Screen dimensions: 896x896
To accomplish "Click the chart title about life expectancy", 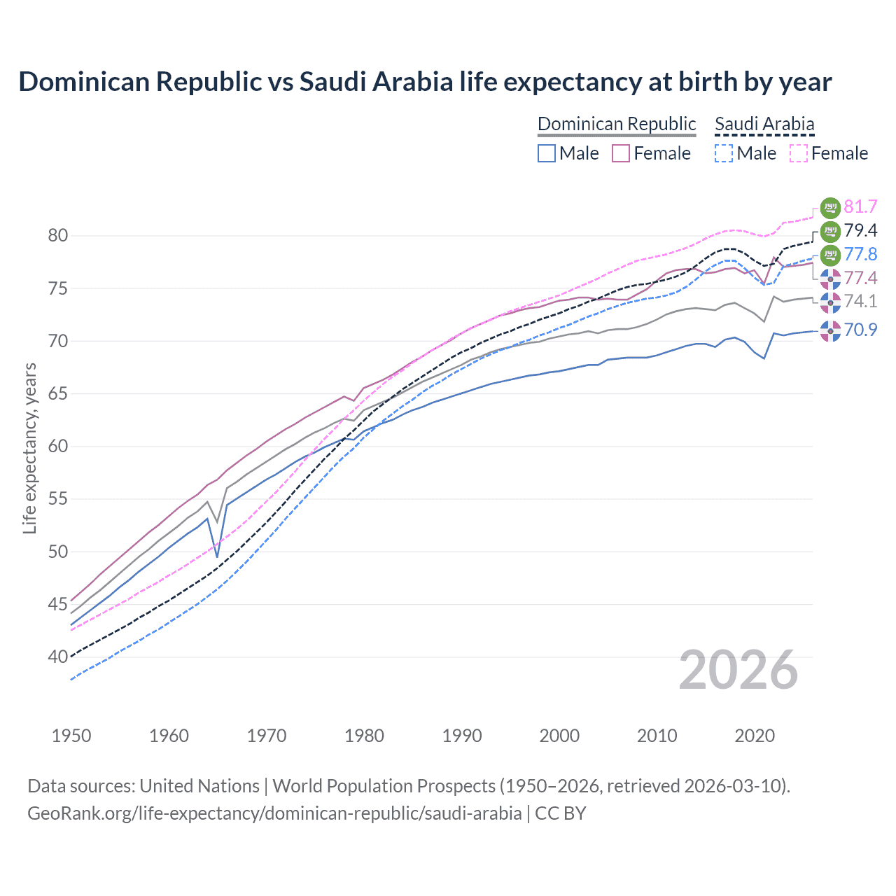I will click(425, 82).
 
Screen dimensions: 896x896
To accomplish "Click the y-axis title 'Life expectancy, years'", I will click(29, 448).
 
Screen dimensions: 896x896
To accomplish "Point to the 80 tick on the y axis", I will click(58, 236).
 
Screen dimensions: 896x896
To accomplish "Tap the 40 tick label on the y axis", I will click(58, 657).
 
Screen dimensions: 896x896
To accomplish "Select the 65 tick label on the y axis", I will click(58, 394).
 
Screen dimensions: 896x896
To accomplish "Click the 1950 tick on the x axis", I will click(71, 736).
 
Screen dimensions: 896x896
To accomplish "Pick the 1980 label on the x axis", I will click(364, 736).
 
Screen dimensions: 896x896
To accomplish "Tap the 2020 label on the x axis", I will click(755, 736).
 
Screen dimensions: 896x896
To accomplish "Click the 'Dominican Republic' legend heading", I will click(617, 124).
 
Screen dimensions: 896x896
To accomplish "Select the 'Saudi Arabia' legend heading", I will click(764, 124).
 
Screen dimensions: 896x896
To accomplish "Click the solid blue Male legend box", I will click(547, 153).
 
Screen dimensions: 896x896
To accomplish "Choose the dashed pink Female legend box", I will click(799, 153).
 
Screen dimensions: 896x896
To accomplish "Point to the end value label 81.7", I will click(860, 206).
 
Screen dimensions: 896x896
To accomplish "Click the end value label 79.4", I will click(860, 230).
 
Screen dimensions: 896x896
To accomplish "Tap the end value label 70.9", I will click(860, 330).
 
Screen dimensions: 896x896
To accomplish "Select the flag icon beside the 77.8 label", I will click(830, 255).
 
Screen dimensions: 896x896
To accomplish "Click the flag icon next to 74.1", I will click(830, 302).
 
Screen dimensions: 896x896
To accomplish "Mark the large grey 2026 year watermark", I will click(738, 670).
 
